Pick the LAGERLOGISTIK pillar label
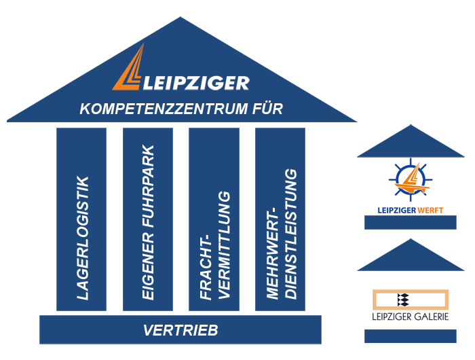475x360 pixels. point(82,238)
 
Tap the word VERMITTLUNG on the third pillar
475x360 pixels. point(223,245)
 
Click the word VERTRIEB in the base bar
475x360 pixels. point(180,331)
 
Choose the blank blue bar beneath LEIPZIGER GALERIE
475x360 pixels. point(410,336)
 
